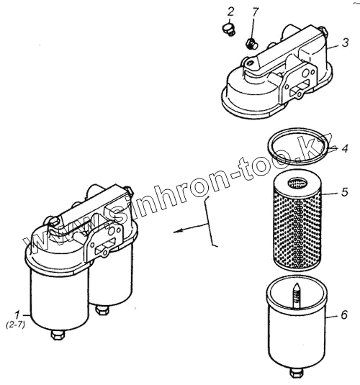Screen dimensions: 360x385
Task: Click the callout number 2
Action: pos(230,12)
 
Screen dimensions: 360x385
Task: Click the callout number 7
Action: pos(256,12)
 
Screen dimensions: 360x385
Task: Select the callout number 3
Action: pos(346,42)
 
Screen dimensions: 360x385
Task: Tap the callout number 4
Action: pos(345,148)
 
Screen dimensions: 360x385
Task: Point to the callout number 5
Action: pos(345,191)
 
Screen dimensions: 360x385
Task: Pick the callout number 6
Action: pos(344,314)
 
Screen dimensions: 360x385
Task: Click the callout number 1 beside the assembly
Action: pos(17,315)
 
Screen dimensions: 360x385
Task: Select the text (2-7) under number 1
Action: pos(15,325)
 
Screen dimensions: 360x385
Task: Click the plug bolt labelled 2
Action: pos(228,30)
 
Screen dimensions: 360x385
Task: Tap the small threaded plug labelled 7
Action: pos(251,43)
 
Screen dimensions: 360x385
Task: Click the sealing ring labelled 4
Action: pos(298,145)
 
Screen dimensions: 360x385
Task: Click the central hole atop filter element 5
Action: pos(297,183)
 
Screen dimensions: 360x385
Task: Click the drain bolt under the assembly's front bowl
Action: pos(58,335)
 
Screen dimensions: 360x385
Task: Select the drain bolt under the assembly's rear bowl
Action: pos(102,310)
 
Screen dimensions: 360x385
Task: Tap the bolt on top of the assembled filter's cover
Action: pos(53,221)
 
